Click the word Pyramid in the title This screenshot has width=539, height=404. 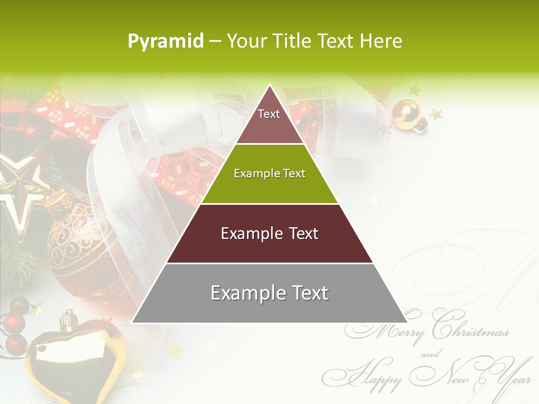(x=165, y=41)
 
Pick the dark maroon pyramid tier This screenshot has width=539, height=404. (x=269, y=233)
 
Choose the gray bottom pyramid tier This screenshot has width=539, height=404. (x=269, y=293)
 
